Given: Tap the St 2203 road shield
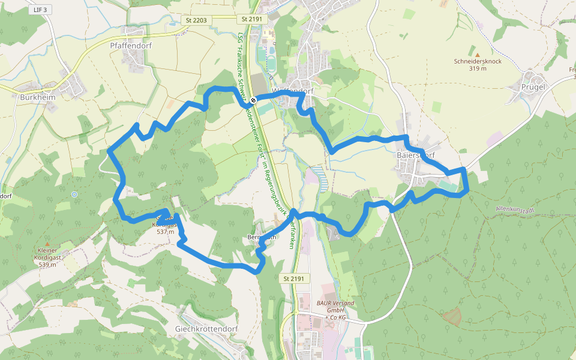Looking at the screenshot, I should pyautogui.click(x=196, y=20).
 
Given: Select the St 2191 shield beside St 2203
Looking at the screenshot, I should pyautogui.click(x=252, y=20).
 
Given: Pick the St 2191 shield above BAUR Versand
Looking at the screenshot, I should pyautogui.click(x=293, y=278).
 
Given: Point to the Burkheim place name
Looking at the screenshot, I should pyautogui.click(x=38, y=97).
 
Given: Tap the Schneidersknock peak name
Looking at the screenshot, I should pyautogui.click(x=478, y=61).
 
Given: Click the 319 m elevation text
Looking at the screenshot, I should pyautogui.click(x=478, y=68).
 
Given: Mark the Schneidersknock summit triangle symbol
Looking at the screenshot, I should pyautogui.click(x=478, y=54).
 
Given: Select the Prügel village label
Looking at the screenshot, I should pyautogui.click(x=533, y=86).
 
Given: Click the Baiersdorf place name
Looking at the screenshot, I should pyautogui.click(x=414, y=155).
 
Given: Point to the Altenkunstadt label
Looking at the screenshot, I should pyautogui.click(x=518, y=209).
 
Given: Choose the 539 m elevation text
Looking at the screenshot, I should pyautogui.click(x=47, y=265).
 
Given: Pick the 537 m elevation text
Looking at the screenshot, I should pyautogui.click(x=165, y=232).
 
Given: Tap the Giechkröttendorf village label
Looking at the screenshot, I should pyautogui.click(x=206, y=329).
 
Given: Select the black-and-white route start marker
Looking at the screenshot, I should pyautogui.click(x=254, y=100).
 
